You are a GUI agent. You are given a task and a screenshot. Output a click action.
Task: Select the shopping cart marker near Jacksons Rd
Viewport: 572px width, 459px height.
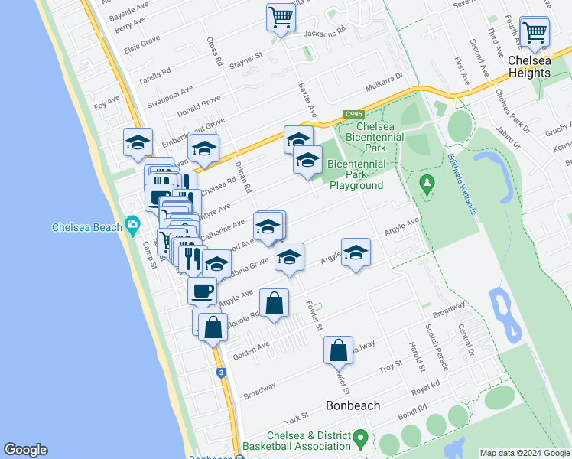coord(281,16)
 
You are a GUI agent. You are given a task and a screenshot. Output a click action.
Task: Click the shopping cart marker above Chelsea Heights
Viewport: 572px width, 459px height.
coord(534,32)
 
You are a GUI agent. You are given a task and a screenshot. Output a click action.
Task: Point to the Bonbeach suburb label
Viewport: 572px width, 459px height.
coord(353,405)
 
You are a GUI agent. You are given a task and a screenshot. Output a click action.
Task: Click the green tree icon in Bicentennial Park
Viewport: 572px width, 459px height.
coord(427,183)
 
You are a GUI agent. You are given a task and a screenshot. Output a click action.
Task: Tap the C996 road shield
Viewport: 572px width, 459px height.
coord(353,113)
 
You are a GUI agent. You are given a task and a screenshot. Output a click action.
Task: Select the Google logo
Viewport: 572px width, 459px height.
coord(25,450)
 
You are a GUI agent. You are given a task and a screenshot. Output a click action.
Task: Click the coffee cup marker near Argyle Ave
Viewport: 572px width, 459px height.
coord(202,291)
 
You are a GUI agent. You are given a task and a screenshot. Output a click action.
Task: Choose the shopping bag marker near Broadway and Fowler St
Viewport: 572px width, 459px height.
coord(338,350)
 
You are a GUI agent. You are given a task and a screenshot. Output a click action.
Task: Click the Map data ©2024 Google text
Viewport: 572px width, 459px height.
coord(524,453)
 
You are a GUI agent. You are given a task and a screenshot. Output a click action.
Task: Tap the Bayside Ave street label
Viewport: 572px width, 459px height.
coord(128,11)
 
